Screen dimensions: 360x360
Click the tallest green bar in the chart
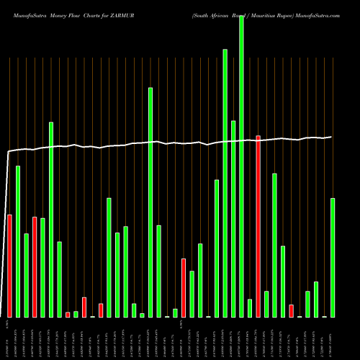[241, 166]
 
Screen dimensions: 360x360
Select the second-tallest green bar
[225, 183]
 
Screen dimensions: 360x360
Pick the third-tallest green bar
[150, 202]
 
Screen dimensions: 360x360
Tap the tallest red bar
[258, 226]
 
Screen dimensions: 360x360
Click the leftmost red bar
[9, 266]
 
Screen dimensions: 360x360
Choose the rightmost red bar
[291, 310]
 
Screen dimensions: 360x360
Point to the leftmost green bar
[18, 241]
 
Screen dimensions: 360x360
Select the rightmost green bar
[333, 257]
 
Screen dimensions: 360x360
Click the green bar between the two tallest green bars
[233, 219]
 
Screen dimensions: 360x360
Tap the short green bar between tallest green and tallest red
[250, 308]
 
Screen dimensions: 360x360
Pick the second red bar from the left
[35, 266]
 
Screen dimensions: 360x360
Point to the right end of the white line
[331, 137]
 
